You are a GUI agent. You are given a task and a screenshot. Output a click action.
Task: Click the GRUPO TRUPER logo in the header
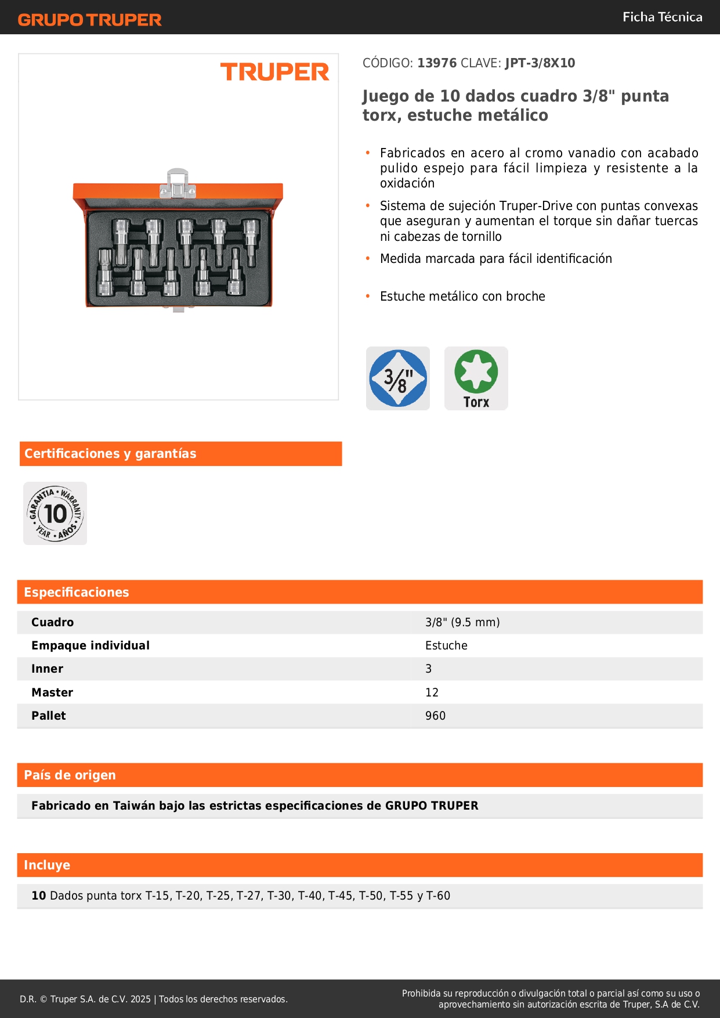pos(90,20)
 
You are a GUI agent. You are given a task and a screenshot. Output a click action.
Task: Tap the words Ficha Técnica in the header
pos(662,17)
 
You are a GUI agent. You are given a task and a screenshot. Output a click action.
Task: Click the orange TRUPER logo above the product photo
pos(274,72)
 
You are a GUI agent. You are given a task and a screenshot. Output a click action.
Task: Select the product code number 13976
pos(437,63)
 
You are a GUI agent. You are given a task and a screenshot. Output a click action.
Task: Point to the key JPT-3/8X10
pos(540,63)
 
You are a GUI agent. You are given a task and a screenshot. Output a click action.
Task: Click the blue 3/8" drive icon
pos(398,378)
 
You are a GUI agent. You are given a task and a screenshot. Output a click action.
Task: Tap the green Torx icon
pos(476,378)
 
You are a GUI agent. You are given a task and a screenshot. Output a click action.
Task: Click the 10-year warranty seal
pos(55,514)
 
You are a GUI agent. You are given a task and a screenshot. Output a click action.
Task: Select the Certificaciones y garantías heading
pos(110,454)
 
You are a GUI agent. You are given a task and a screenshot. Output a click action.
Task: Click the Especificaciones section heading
pos(77,593)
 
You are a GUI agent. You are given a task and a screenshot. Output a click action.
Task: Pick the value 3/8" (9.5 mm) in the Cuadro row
pos(462,623)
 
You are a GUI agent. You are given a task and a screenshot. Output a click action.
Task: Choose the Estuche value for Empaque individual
pos(446,646)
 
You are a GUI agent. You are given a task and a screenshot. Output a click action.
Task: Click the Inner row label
pos(48,669)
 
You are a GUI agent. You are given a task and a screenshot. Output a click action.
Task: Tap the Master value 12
pos(432,693)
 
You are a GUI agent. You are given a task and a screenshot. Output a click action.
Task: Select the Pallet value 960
pos(435,716)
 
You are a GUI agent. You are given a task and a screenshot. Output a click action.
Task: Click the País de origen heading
pos(70,775)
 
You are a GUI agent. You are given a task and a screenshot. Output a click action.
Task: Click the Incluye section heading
pos(47,865)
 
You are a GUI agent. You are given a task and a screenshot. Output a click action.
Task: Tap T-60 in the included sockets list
pos(438,896)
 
